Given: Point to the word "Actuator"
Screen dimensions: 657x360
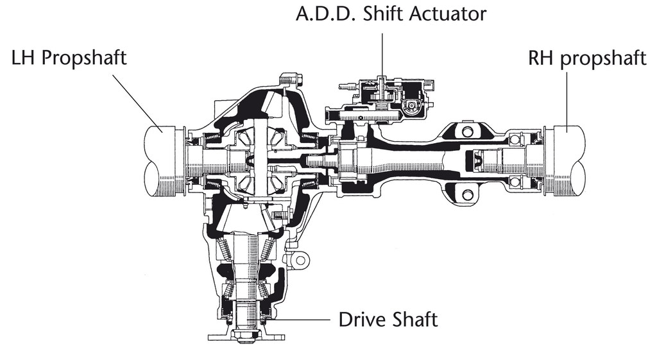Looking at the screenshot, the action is tap(448, 14).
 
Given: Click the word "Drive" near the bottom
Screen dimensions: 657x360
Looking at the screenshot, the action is tap(361, 320).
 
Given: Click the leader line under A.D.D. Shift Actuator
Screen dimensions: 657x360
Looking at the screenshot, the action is tap(382, 55).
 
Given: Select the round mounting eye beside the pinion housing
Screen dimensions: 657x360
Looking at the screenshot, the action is tap(300, 261).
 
